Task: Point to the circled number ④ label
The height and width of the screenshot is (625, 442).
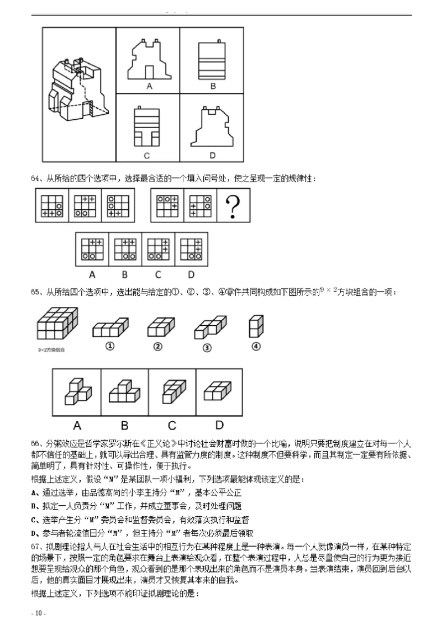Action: [255, 346]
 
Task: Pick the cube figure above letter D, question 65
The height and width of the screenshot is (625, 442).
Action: [219, 392]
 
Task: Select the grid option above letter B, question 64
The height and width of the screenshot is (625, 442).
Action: [125, 249]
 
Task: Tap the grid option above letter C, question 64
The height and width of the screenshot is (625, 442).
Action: [158, 249]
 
